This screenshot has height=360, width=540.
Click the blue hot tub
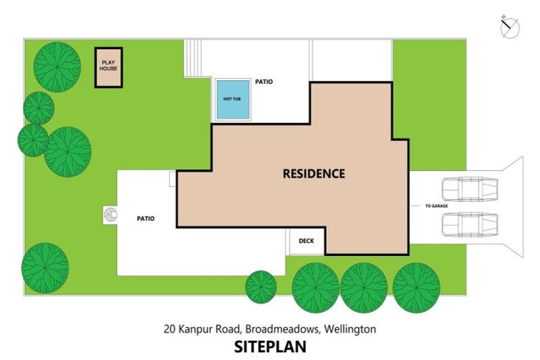(x=233, y=99)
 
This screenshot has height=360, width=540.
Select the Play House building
(x=109, y=67)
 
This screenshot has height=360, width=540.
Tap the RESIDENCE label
(x=314, y=173)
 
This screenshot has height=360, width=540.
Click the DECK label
(x=307, y=241)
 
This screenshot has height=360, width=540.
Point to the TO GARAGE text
(x=437, y=206)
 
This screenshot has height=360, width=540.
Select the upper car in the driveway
(x=469, y=189)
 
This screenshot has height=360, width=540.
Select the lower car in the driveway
(x=469, y=224)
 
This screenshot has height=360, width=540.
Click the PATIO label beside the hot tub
(x=264, y=82)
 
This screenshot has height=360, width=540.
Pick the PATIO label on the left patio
(x=146, y=219)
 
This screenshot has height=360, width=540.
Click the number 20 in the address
(x=169, y=328)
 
